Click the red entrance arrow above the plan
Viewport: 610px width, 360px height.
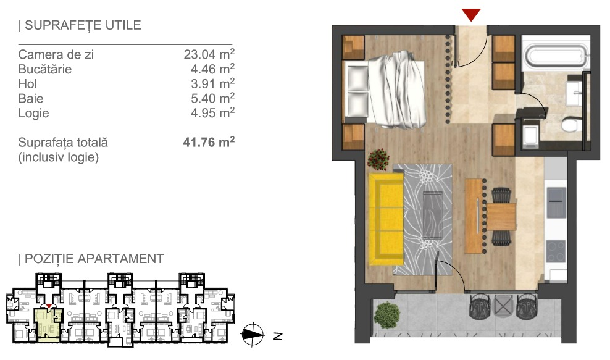[x=471, y=15]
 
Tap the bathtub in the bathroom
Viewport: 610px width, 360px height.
[x=555, y=55]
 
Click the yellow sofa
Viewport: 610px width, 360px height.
[x=386, y=219]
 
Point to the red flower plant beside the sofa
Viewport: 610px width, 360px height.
[x=378, y=159]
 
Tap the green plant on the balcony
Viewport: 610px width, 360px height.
[x=386, y=315]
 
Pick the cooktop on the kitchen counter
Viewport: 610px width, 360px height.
[x=556, y=251]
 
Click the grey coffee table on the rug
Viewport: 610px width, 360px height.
[x=433, y=216]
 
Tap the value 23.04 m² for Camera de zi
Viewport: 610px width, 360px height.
[x=209, y=54]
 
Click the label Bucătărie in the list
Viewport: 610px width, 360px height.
[x=45, y=69]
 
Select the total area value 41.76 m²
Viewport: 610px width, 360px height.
[x=209, y=142]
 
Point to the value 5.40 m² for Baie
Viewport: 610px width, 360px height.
[x=212, y=98]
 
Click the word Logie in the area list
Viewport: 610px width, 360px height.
[x=33, y=113]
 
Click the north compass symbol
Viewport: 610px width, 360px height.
[x=253, y=334]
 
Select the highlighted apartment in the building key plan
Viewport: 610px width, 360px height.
[x=49, y=325]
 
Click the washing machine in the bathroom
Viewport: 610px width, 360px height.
[x=531, y=134]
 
